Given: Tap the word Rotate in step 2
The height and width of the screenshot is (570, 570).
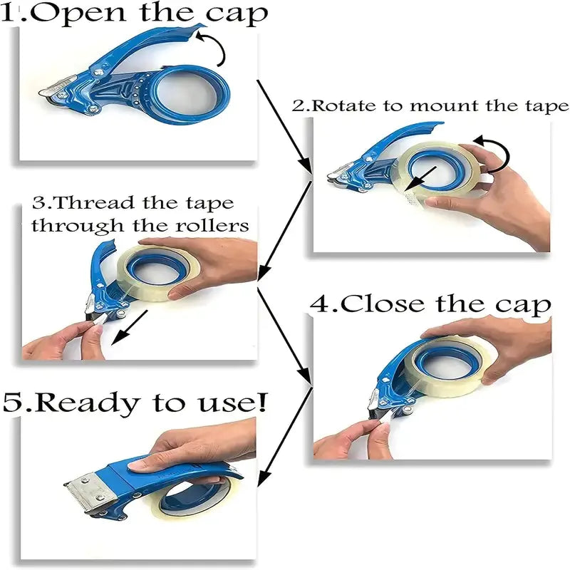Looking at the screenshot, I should [341, 106].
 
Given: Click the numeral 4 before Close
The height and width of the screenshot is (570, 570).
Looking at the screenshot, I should [319, 304].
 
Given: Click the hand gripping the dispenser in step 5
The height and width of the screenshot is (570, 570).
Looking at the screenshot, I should [185, 449].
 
